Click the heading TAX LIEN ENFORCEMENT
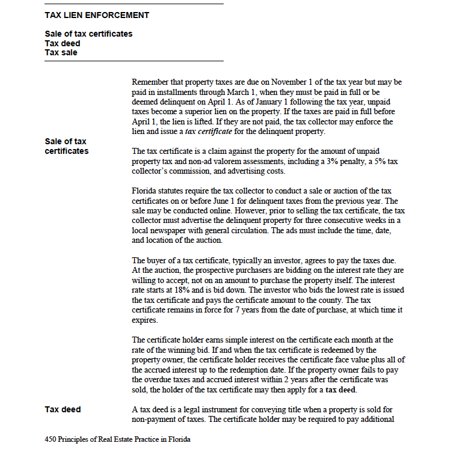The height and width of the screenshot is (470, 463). [97, 15]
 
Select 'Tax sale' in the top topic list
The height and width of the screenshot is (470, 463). [61, 52]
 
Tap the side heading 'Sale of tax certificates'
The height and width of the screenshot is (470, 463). [66, 146]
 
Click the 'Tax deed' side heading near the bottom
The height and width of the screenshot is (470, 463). [63, 409]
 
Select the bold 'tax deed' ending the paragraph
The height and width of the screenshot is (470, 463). [340, 389]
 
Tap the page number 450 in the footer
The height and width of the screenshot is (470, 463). [51, 439]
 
